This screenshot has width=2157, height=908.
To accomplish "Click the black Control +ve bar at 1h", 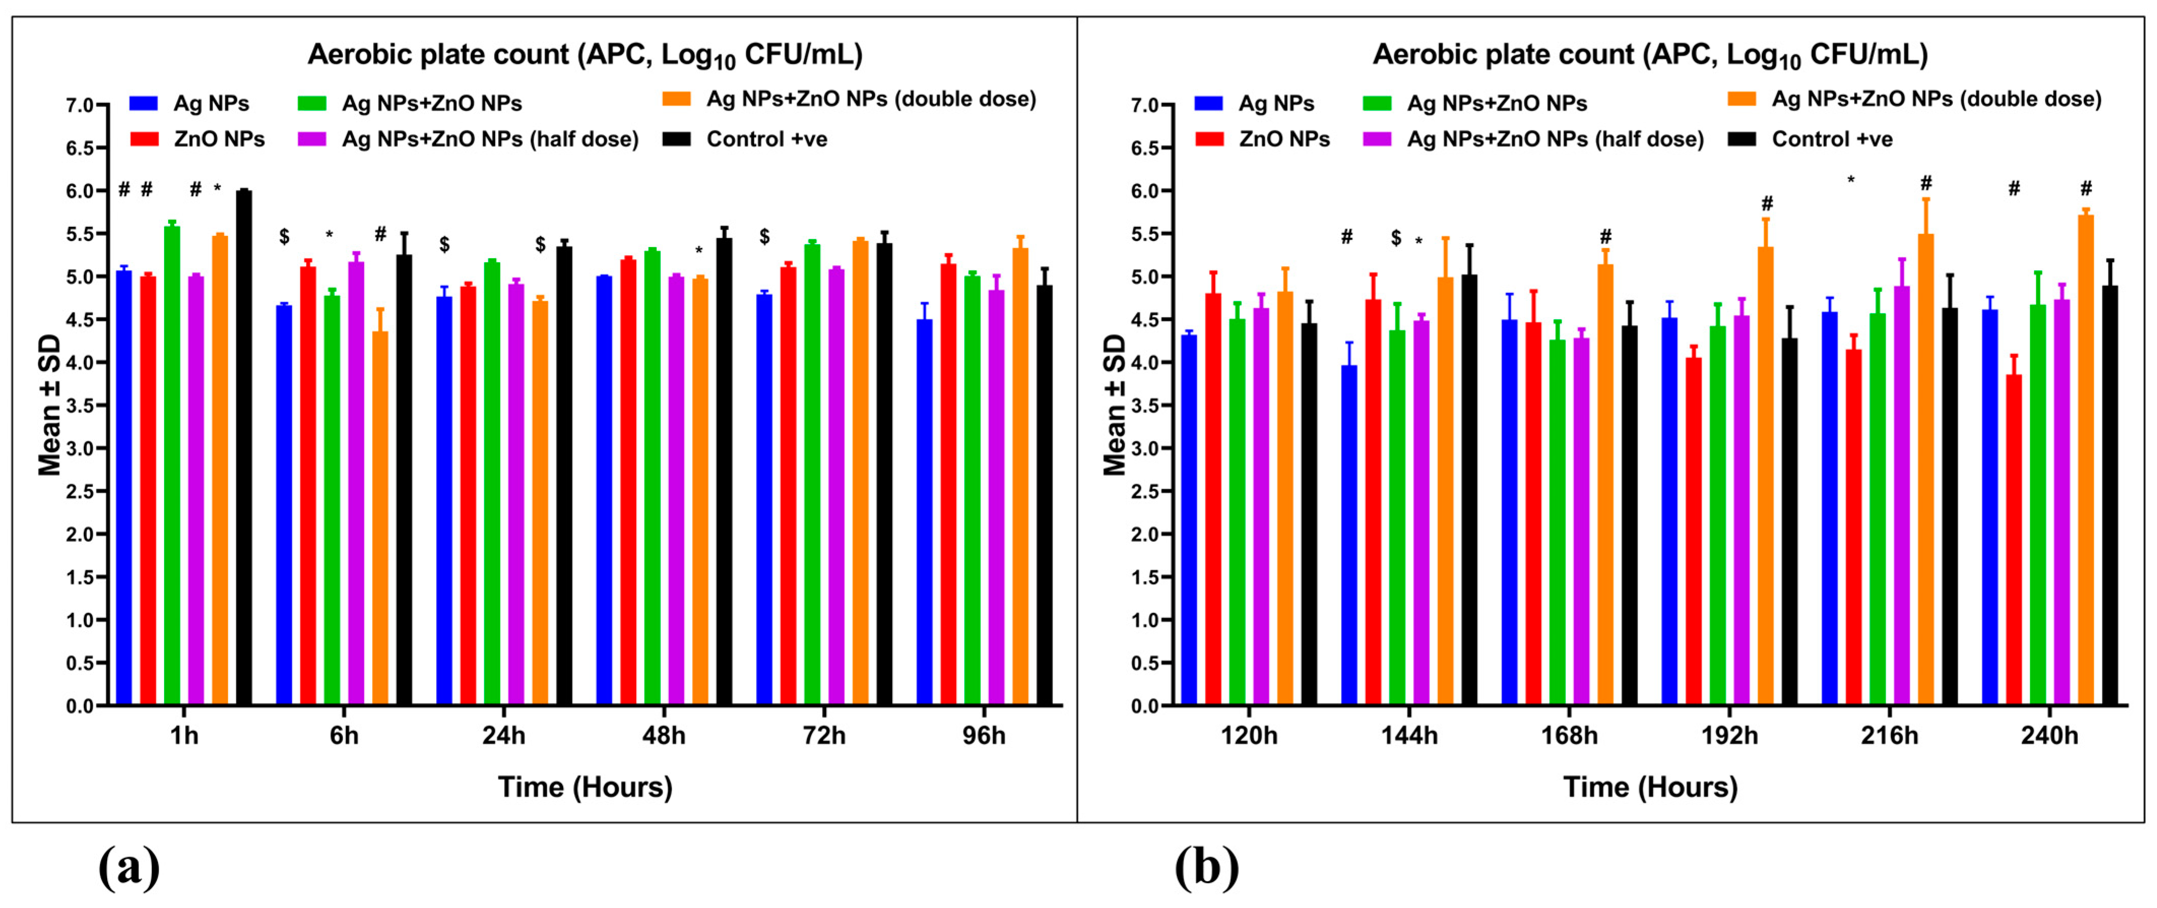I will tap(244, 448).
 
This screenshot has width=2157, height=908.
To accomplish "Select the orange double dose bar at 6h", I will tap(380, 519).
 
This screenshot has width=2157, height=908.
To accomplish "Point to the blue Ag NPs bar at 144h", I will tap(1349, 536).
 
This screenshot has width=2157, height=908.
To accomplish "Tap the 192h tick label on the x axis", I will tap(1729, 736).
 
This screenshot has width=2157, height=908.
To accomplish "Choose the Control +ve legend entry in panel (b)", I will tap(1832, 139).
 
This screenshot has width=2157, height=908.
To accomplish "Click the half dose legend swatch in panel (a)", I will tap(311, 139).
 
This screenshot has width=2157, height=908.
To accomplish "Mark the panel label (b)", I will tap(1206, 868).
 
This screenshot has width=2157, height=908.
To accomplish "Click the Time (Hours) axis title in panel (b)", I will tap(1650, 787).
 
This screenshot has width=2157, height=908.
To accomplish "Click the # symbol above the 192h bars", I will tap(1767, 203).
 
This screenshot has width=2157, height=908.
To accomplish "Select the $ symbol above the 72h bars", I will tap(765, 237).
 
